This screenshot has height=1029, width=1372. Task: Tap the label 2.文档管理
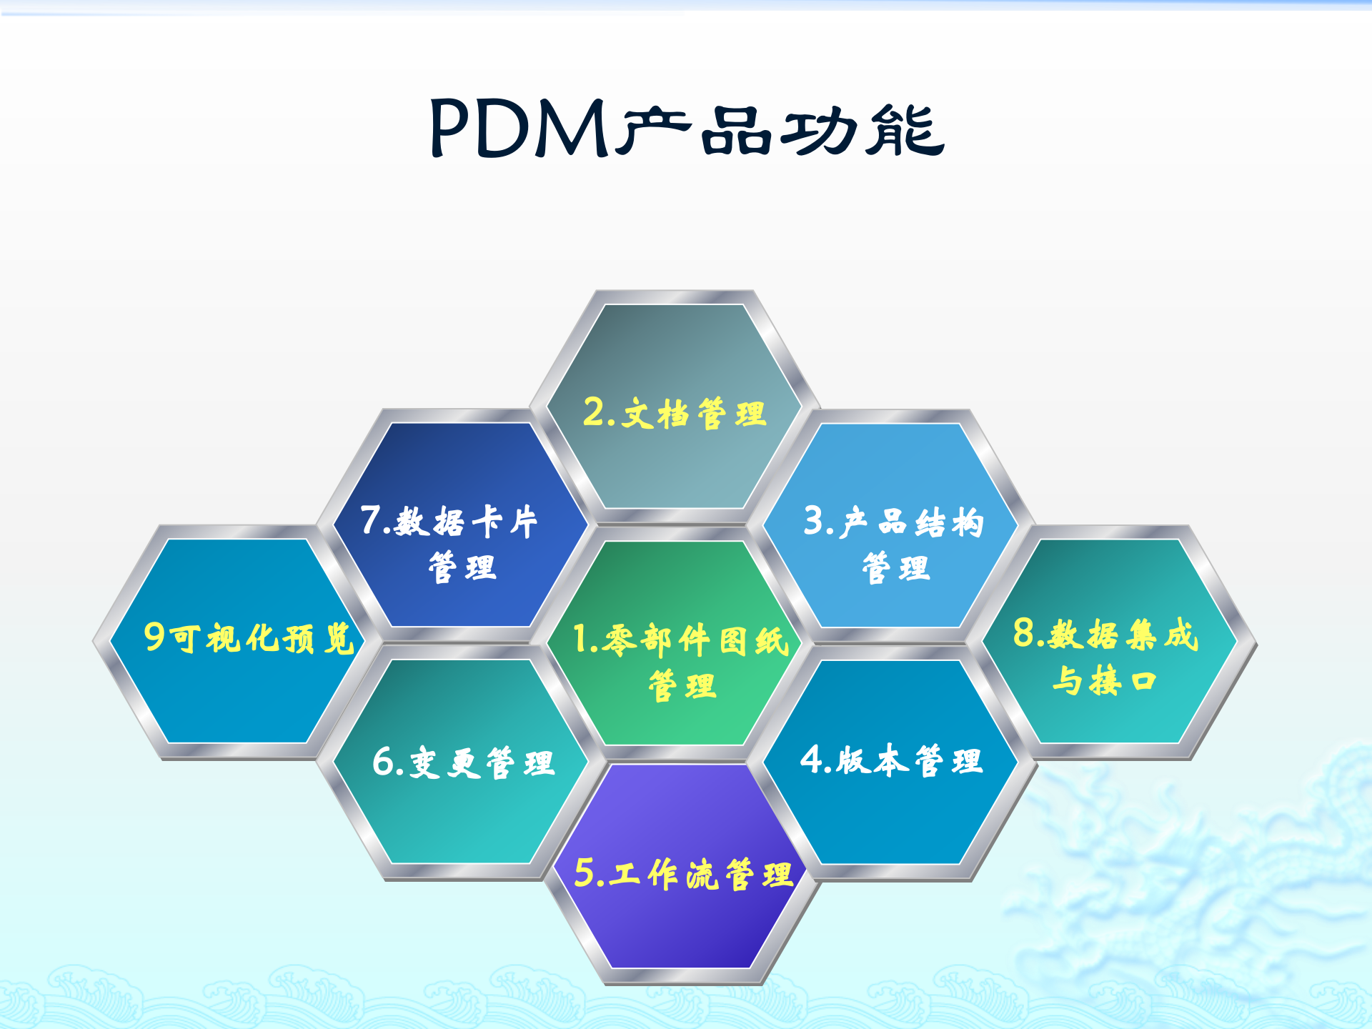[x=675, y=414]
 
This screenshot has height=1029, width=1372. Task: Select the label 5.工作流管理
[x=683, y=873]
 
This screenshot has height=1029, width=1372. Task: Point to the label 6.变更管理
[x=463, y=762]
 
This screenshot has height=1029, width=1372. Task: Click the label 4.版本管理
[x=891, y=760]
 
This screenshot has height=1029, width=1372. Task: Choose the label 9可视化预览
[x=249, y=637]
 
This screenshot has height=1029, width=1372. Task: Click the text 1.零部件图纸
[x=680, y=639]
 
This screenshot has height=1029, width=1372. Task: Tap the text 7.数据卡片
[x=449, y=521]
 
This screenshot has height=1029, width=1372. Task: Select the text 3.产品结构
[x=893, y=522]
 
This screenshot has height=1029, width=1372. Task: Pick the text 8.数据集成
[x=1105, y=634]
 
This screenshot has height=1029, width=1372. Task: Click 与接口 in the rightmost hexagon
[x=1104, y=680]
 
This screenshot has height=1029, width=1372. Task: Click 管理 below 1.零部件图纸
[x=682, y=686]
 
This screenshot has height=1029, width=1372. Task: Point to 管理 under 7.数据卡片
[x=462, y=568]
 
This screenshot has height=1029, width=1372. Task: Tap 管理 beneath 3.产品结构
[x=895, y=569]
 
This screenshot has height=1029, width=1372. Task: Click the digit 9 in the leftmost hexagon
[x=154, y=636]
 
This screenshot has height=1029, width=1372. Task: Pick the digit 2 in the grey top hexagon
[x=593, y=412]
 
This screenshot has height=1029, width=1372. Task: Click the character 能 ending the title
[x=905, y=130]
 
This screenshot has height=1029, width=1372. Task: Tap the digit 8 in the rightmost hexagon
[x=1024, y=632]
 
